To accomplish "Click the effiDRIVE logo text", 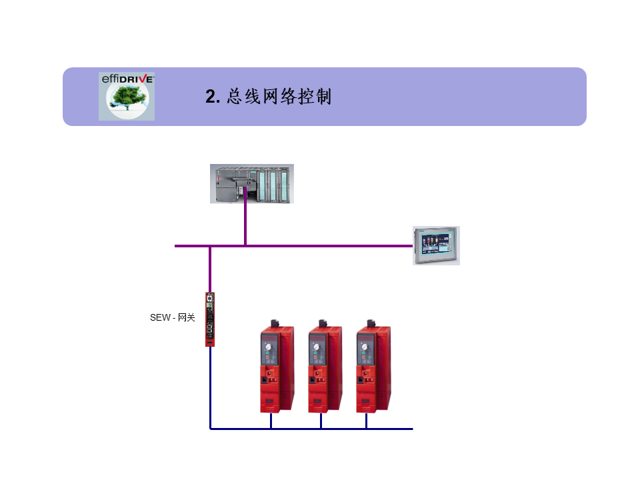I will pos(127,79).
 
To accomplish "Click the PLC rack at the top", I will pos(252,183).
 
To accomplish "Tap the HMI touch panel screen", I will pos(435,245).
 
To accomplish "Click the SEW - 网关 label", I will pos(173,318).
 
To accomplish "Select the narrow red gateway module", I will pos(210,319).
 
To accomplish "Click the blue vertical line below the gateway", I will pos(210,387).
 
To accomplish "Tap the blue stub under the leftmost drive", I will pos(271,421).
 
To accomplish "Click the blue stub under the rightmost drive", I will pos(366,421).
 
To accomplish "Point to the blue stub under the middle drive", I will pos(321,421).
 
